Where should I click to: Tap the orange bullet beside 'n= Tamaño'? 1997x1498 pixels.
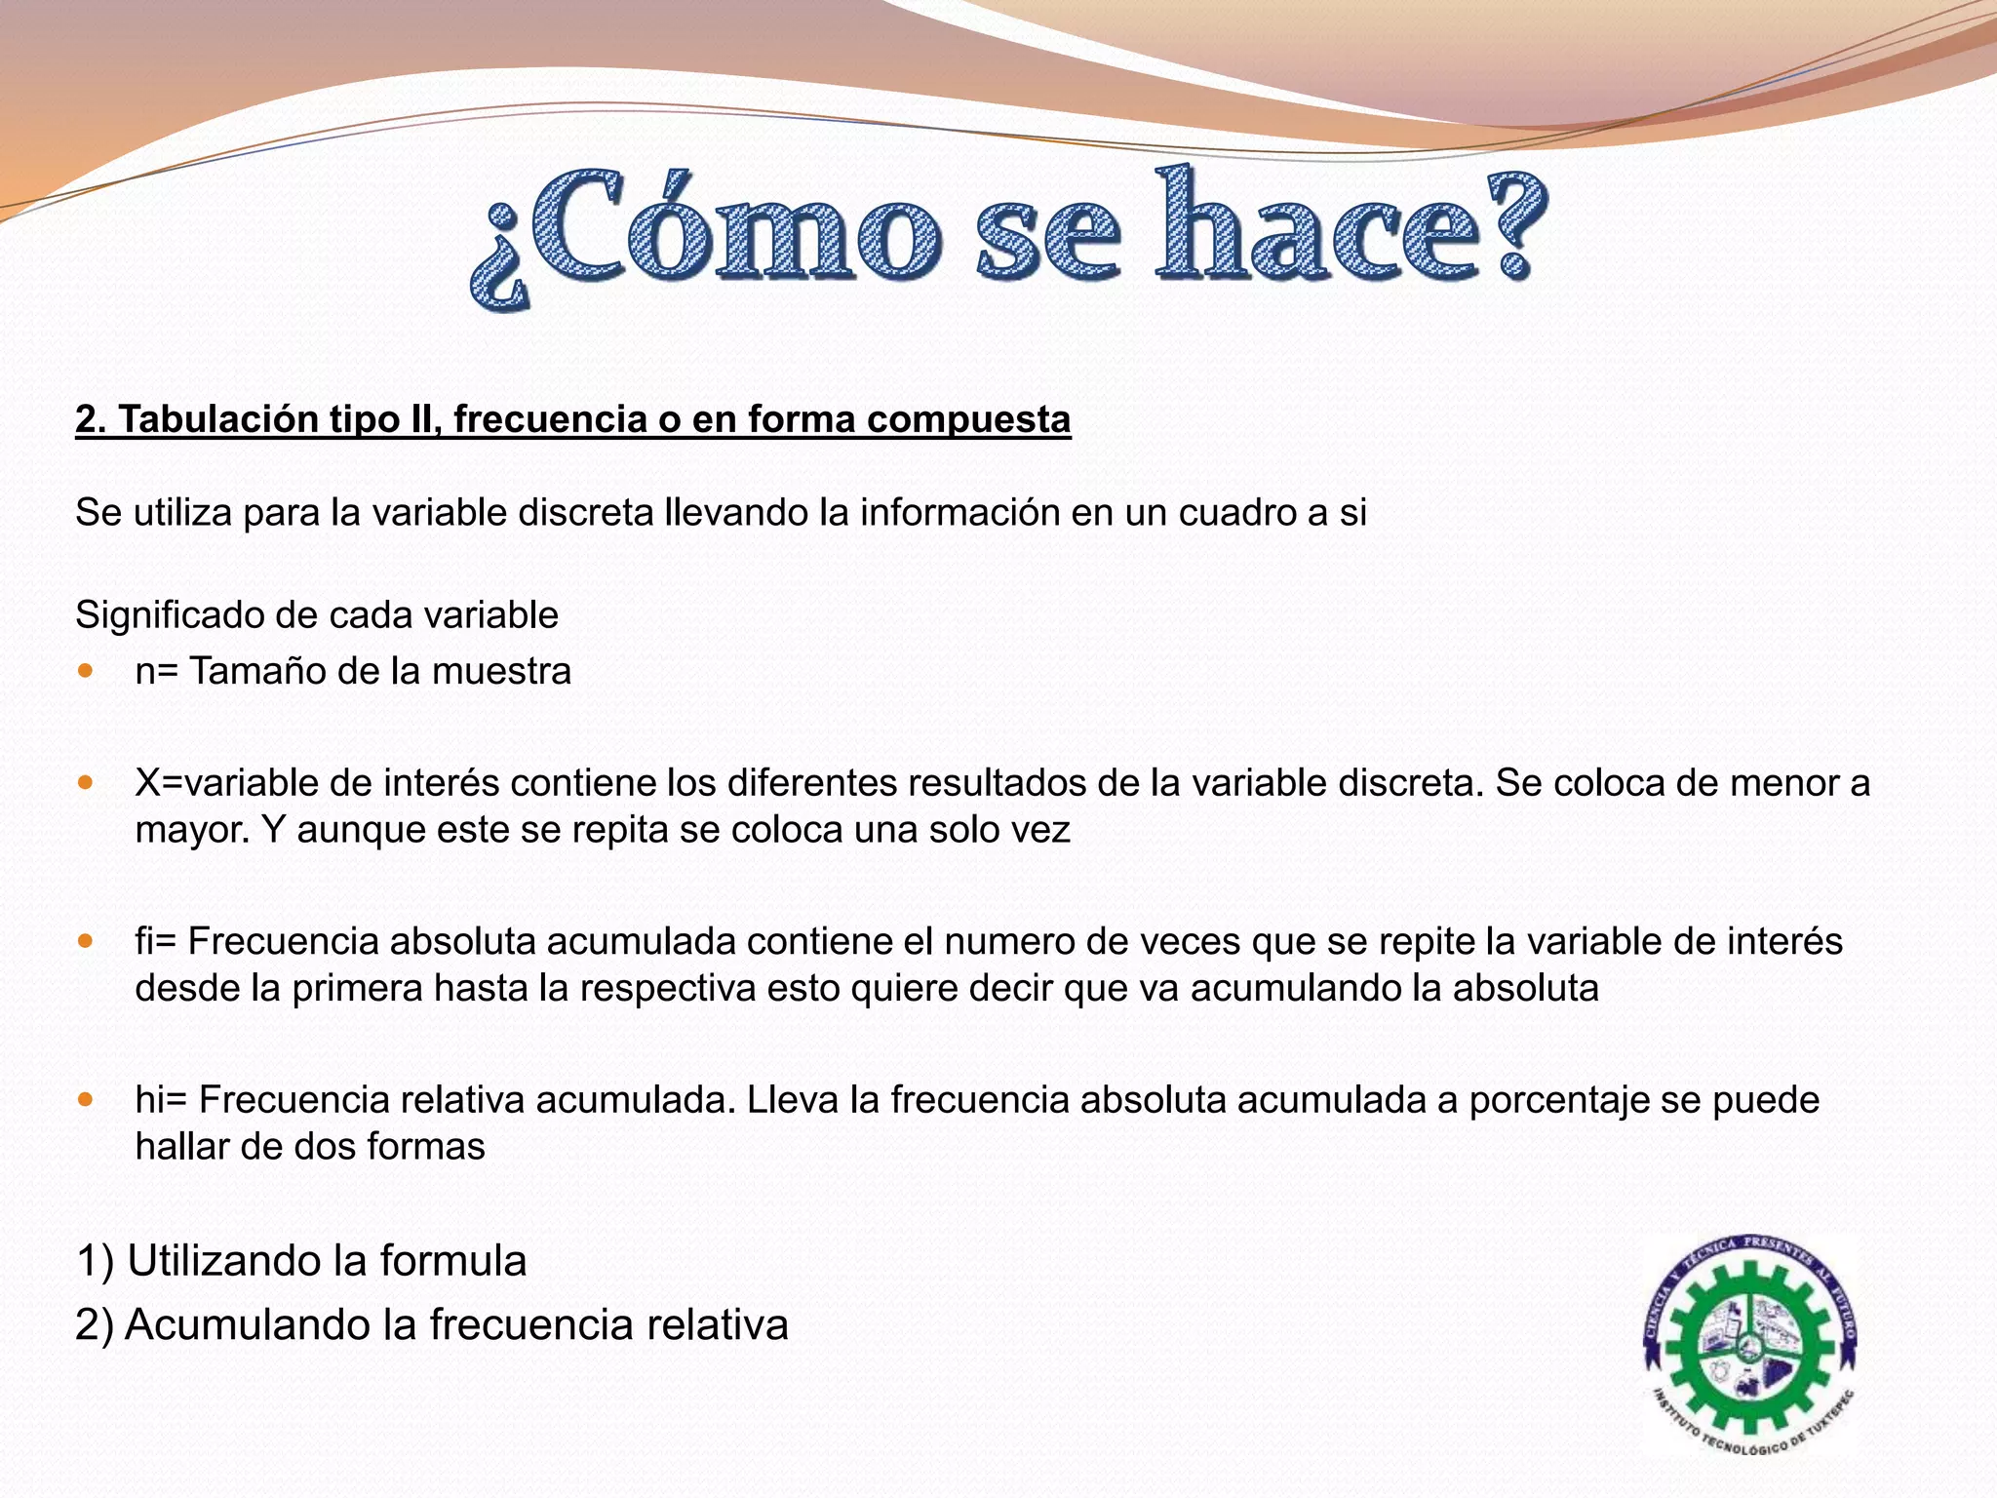click(x=87, y=671)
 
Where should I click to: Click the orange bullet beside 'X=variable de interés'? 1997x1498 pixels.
click(x=87, y=782)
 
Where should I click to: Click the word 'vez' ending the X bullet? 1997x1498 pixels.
click(x=1045, y=829)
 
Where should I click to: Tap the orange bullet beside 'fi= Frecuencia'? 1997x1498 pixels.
click(x=87, y=941)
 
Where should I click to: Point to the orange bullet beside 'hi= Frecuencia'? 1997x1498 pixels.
click(x=87, y=1099)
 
